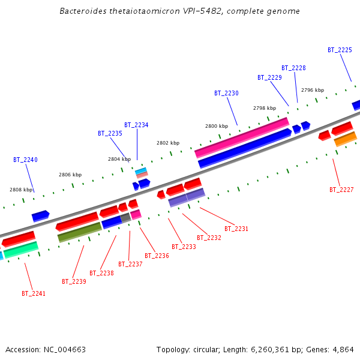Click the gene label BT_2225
click(x=340, y=50)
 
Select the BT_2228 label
click(x=293, y=68)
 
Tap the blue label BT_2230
click(x=226, y=94)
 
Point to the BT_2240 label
click(x=25, y=160)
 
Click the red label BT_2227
click(x=341, y=190)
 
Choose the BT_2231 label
click(x=236, y=229)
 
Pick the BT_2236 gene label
click(x=157, y=256)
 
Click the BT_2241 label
click(x=34, y=294)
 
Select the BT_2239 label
click(x=74, y=282)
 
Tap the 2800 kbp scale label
click(x=217, y=127)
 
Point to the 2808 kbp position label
click(x=20, y=190)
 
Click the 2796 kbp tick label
click(x=313, y=91)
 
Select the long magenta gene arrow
click(x=242, y=137)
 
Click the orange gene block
click(x=346, y=139)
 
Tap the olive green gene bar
click(x=80, y=232)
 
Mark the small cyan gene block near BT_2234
click(x=141, y=171)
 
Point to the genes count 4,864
click(x=343, y=350)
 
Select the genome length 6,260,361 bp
click(x=272, y=350)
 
